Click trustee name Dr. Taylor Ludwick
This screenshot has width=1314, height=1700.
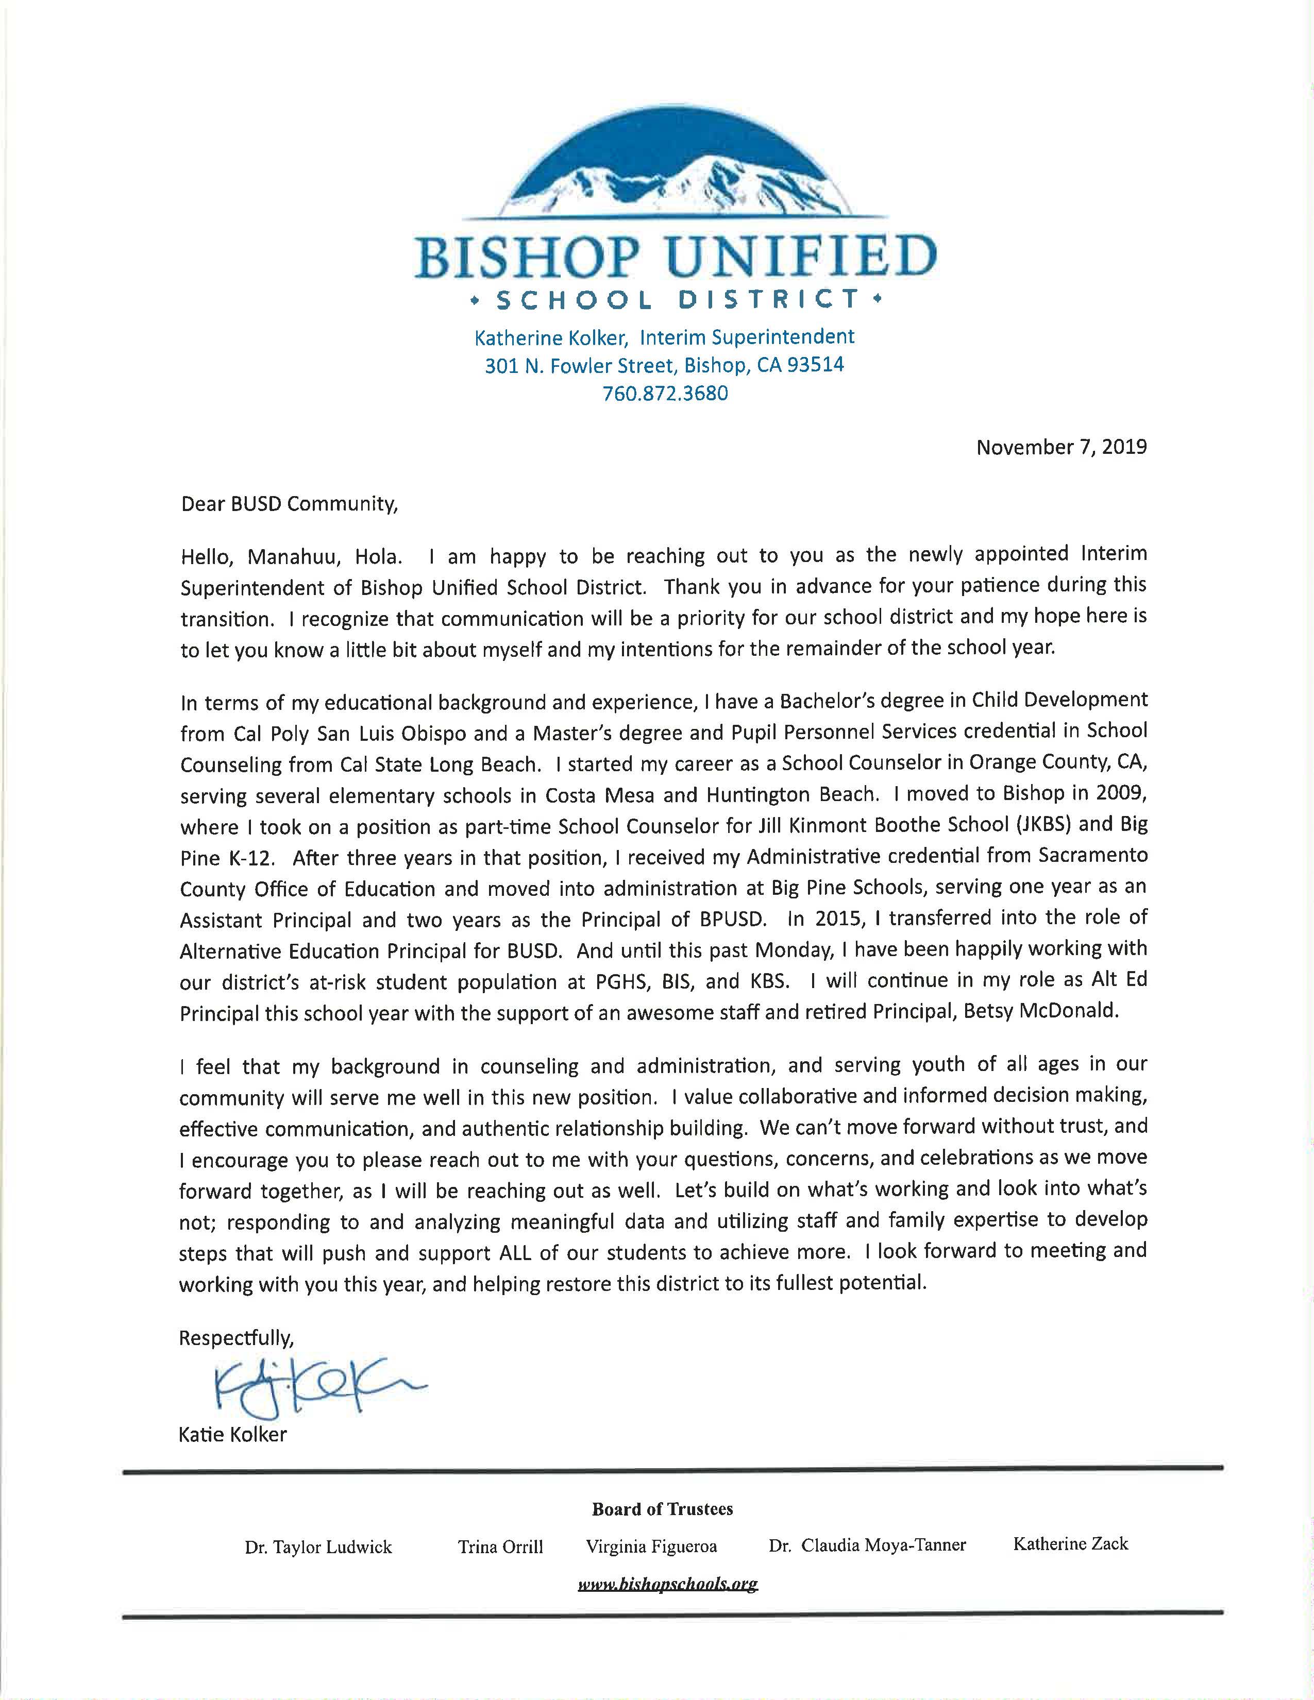tap(318, 1546)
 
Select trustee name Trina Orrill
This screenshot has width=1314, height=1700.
tap(500, 1546)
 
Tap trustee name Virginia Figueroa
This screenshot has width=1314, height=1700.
tap(651, 1546)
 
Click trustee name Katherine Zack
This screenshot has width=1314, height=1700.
tap(1070, 1543)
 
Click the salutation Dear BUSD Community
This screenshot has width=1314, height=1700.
tap(290, 504)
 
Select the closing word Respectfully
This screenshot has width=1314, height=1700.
tap(237, 1338)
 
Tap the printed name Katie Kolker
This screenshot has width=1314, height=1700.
tap(233, 1434)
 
